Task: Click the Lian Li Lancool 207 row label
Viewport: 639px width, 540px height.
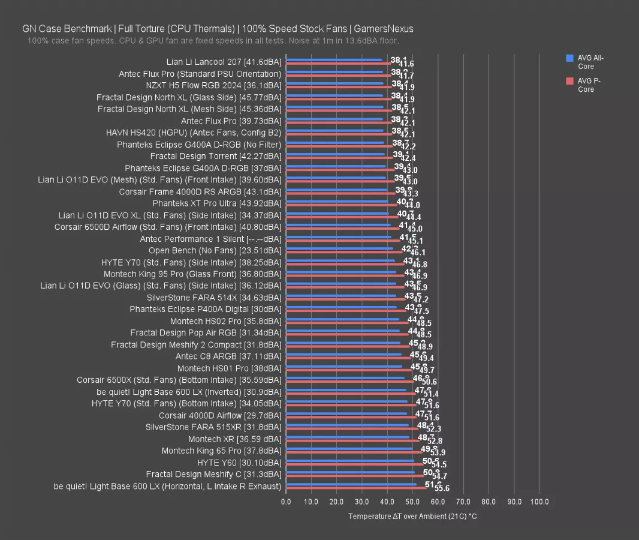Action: click(x=224, y=62)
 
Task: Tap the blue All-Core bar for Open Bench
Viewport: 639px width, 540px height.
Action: click(x=339, y=248)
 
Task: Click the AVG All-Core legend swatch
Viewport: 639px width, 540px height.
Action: click(x=569, y=58)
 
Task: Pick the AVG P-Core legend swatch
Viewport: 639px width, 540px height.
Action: click(x=569, y=81)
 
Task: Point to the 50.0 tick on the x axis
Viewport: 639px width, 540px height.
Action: click(x=412, y=501)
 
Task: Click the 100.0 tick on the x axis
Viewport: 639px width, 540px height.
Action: click(x=539, y=501)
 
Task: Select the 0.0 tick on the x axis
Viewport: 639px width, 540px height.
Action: click(x=286, y=501)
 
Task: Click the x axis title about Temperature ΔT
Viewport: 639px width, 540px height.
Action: click(x=412, y=516)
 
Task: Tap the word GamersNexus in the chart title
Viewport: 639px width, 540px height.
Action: click(x=383, y=28)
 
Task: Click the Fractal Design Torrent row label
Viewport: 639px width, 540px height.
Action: click(x=215, y=156)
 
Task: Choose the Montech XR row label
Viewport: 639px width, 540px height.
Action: click(x=234, y=439)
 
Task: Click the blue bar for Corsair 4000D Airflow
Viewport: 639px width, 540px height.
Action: click(x=346, y=413)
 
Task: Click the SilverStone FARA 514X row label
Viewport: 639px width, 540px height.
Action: click(x=213, y=297)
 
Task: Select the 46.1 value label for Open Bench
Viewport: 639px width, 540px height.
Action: click(x=418, y=253)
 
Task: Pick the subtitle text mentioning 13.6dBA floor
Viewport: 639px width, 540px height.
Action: click(x=213, y=40)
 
